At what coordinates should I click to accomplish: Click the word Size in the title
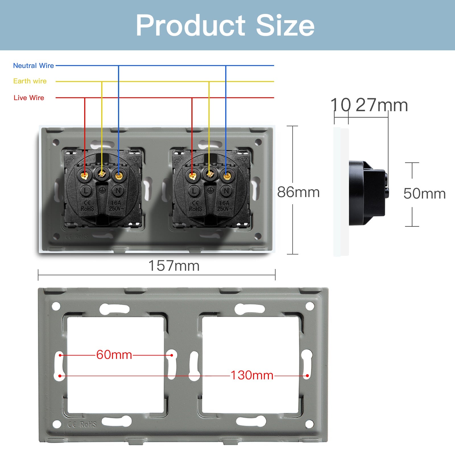pyautogui.click(x=285, y=26)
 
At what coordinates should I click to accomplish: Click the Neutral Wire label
pyautogui.click(x=33, y=66)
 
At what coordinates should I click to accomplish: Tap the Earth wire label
pyautogui.click(x=30, y=81)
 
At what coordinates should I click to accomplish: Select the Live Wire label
pyautogui.click(x=29, y=98)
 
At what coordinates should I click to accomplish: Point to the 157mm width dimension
pyautogui.click(x=174, y=266)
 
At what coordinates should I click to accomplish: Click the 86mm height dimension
pyautogui.click(x=298, y=192)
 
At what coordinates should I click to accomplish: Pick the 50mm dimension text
pyautogui.click(x=424, y=194)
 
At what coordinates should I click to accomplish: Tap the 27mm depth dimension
pyautogui.click(x=382, y=105)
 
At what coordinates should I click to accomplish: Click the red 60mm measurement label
pyautogui.click(x=114, y=355)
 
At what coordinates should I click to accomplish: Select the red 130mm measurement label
pyautogui.click(x=252, y=375)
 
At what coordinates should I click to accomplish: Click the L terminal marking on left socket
pyautogui.click(x=86, y=191)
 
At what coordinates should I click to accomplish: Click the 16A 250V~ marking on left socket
pyautogui.click(x=116, y=206)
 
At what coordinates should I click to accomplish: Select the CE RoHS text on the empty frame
pyautogui.click(x=82, y=425)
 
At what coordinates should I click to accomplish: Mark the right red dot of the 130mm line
pyautogui.click(x=307, y=376)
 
